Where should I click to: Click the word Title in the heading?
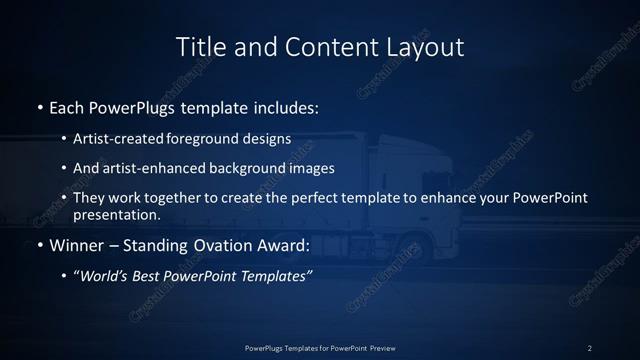tap(200, 47)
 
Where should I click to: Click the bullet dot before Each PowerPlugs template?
tap(39, 106)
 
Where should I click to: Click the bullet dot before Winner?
tap(39, 245)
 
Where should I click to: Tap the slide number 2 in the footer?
tap(590, 348)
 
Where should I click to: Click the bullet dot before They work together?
tap(65, 197)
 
